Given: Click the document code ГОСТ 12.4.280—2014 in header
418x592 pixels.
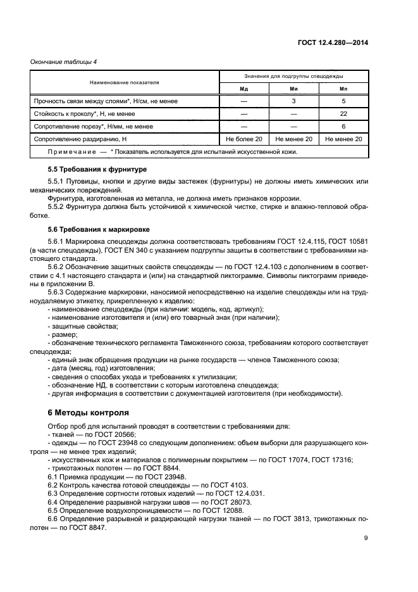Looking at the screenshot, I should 334,42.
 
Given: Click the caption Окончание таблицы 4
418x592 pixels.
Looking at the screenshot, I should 61,61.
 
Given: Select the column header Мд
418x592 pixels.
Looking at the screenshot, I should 243,88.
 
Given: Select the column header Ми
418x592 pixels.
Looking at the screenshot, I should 293,88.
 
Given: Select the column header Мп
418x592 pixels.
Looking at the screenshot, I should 343,88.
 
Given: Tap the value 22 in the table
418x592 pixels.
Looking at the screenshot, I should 343,113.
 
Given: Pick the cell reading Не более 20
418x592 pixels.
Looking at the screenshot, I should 243,139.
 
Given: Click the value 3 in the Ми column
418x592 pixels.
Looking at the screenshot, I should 293,101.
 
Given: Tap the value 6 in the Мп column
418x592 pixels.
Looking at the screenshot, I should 343,126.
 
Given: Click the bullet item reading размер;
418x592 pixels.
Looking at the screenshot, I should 63,334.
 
